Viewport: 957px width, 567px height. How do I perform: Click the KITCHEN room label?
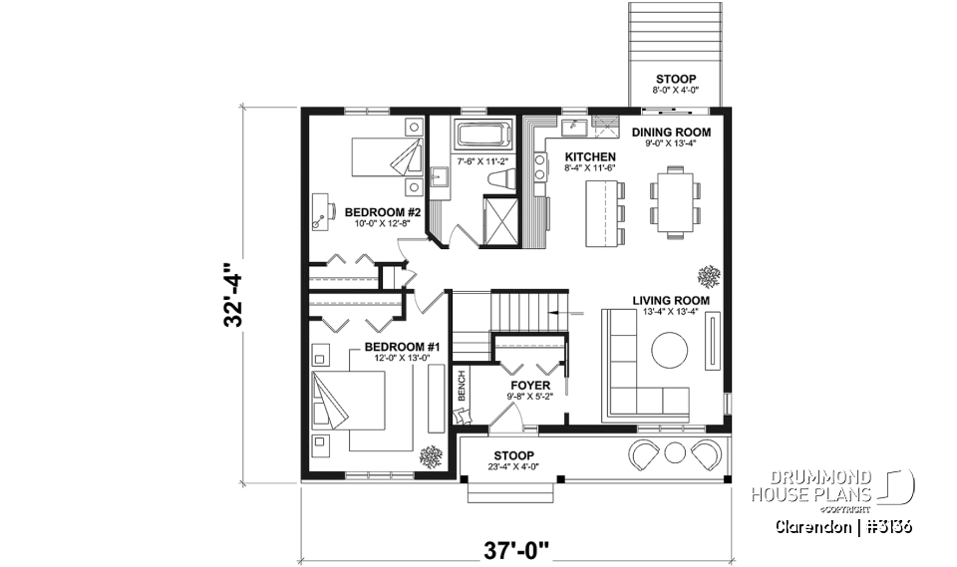590,157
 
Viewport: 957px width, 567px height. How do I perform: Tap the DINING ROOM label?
672,132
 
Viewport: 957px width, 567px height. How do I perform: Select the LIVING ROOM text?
671,300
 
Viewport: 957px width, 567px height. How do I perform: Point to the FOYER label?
530,385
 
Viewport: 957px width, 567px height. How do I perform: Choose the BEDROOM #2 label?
384,213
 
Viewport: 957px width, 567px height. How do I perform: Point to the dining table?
671,201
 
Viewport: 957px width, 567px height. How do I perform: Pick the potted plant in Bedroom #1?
432,456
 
